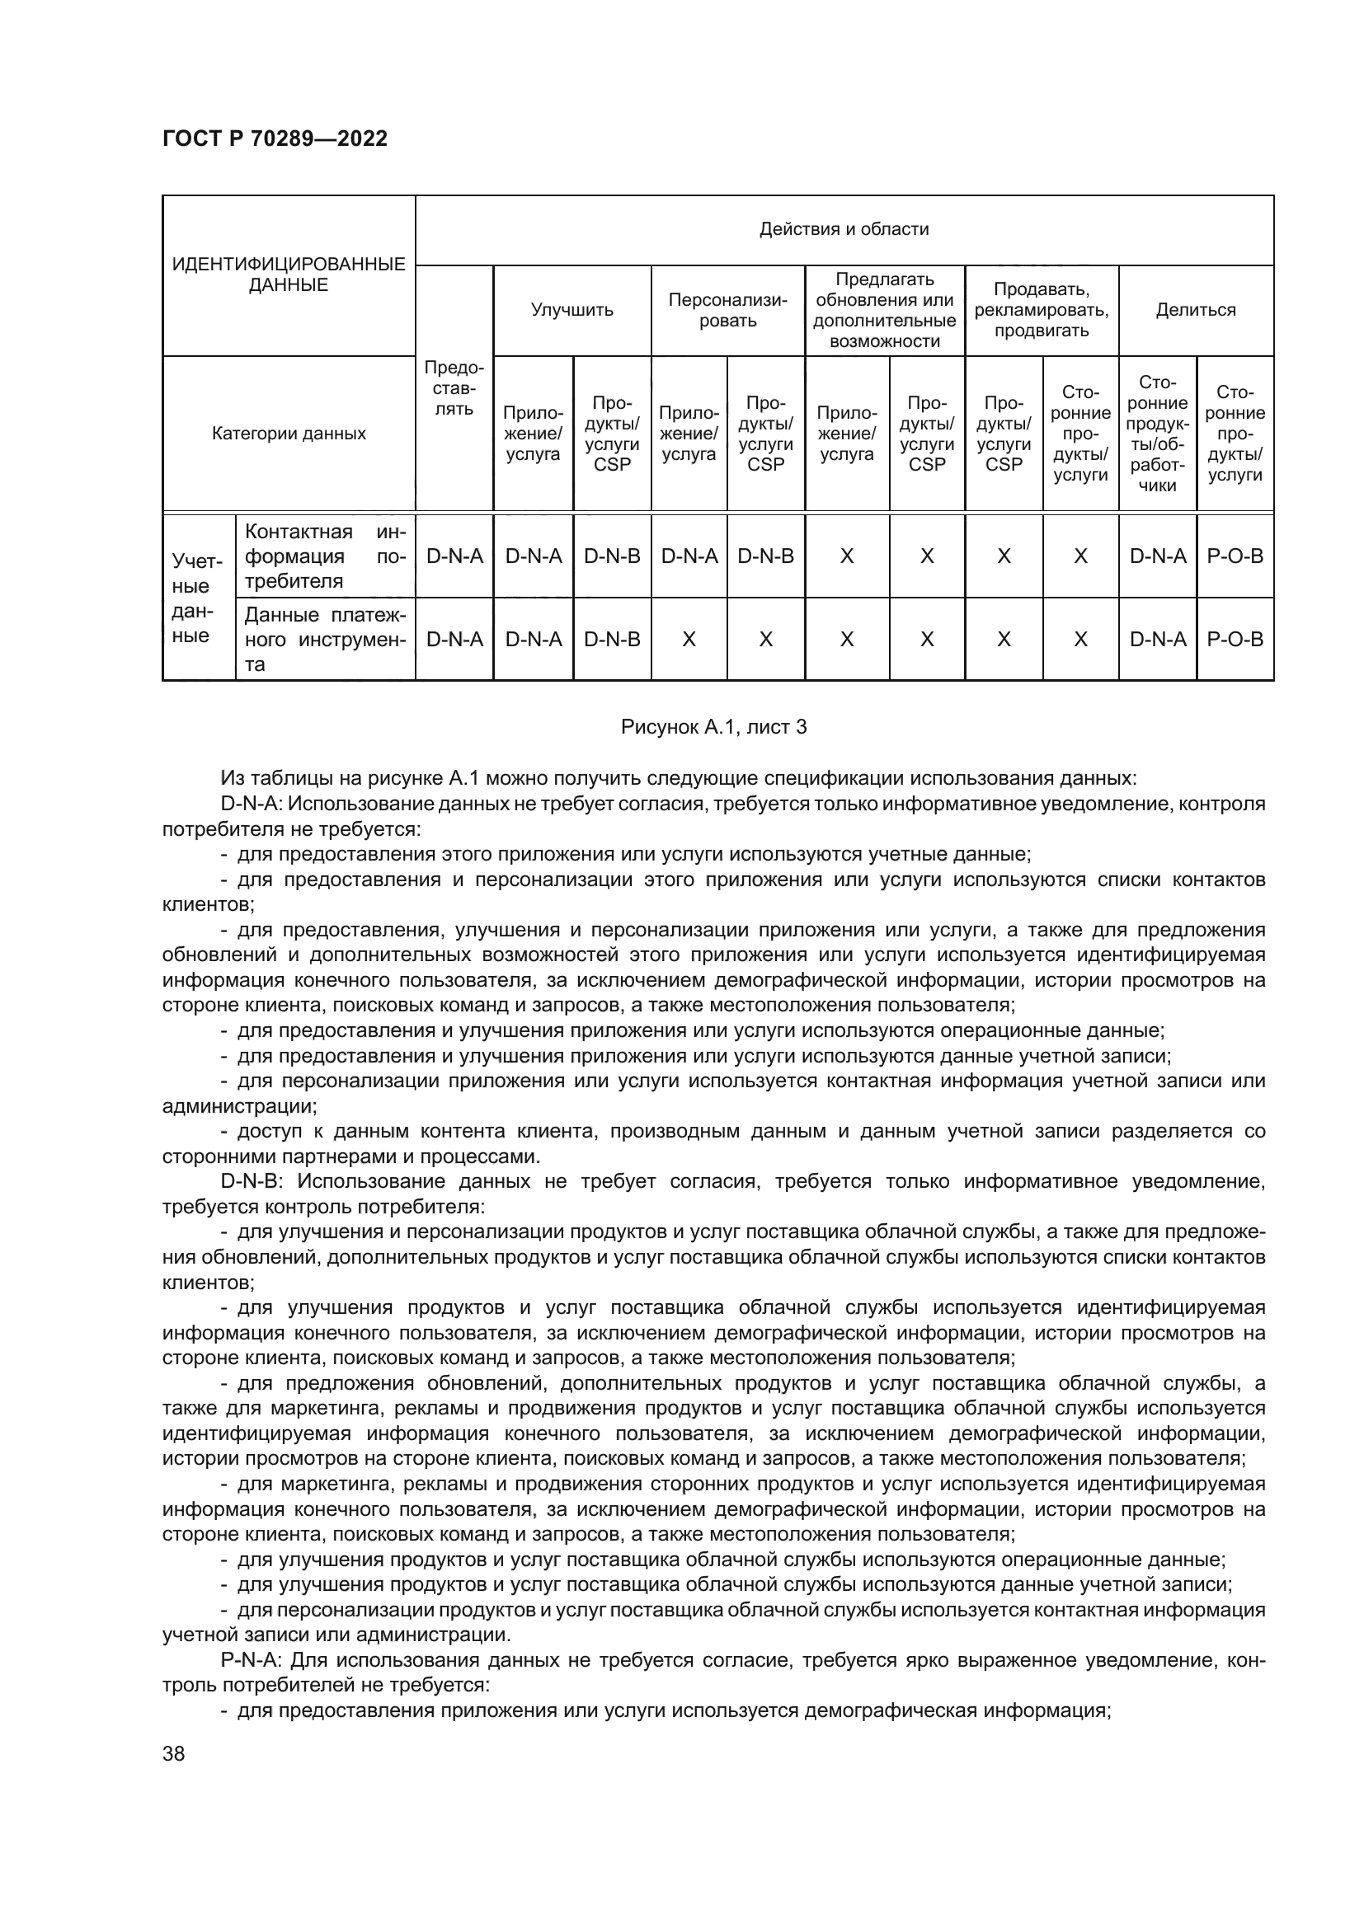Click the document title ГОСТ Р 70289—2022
(275, 138)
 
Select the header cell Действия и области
(844, 229)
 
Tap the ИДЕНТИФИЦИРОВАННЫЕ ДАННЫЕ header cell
(288, 274)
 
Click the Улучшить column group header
(572, 310)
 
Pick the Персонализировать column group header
(727, 310)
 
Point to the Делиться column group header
(1195, 310)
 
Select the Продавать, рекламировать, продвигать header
(1042, 310)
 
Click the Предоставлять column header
(454, 389)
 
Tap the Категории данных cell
(288, 434)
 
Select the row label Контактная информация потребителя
(325, 556)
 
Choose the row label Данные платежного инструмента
(325, 639)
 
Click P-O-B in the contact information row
(1235, 556)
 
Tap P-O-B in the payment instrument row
(1235, 639)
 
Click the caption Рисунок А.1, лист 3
(713, 727)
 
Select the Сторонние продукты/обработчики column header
(1156, 434)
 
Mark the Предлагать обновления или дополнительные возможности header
(884, 310)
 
